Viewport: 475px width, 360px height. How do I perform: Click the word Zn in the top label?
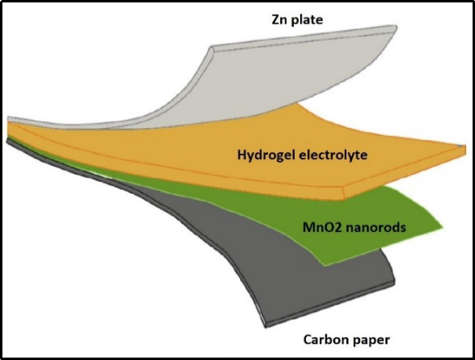[278, 19]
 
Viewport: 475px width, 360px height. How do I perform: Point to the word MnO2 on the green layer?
[321, 227]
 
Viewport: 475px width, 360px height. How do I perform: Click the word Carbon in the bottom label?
[323, 340]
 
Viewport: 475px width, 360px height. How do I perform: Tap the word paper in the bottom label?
[369, 341]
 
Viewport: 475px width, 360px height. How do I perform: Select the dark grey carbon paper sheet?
[273, 257]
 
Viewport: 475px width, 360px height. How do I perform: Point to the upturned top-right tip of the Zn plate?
[397, 27]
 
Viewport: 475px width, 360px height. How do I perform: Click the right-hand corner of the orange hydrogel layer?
[464, 148]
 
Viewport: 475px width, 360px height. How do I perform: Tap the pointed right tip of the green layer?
[442, 227]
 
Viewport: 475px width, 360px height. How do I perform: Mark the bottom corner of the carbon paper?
[265, 326]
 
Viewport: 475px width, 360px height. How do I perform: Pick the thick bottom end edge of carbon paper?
[330, 303]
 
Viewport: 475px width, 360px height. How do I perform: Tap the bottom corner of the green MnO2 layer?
[324, 265]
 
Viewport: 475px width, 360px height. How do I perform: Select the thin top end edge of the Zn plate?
[303, 36]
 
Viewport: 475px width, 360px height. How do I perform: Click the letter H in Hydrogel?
[241, 155]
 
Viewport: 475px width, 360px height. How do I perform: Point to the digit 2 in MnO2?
[337, 227]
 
